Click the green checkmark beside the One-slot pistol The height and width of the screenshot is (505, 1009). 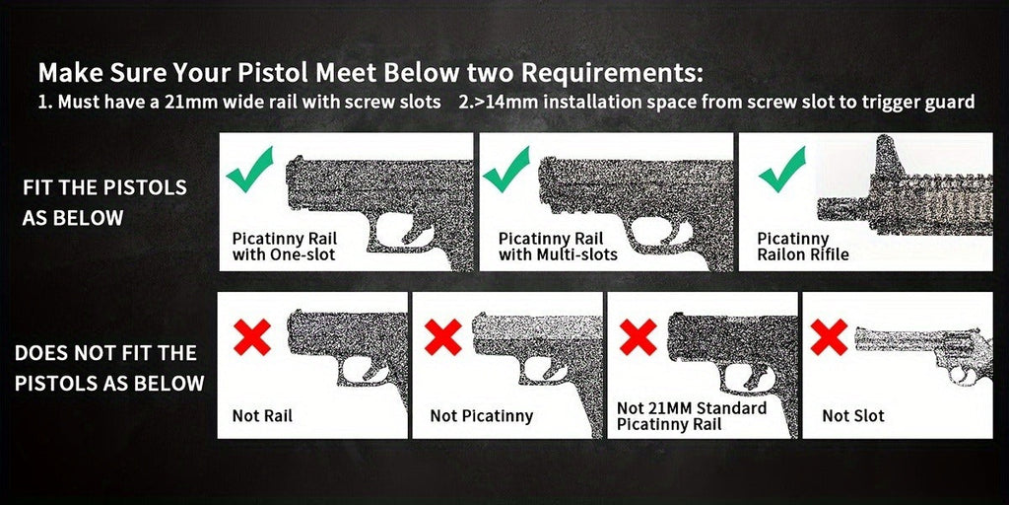click(x=248, y=169)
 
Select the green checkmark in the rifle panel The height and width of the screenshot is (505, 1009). click(x=781, y=169)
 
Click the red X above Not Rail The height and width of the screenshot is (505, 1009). click(x=252, y=337)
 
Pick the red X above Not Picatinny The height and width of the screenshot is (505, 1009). click(x=442, y=337)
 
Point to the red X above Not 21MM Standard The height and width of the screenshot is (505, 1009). click(x=638, y=337)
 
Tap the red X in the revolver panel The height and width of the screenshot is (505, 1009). click(x=829, y=337)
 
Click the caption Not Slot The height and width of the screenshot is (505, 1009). click(x=853, y=416)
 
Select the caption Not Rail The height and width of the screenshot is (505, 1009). click(x=262, y=416)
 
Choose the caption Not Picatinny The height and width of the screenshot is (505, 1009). click(x=481, y=416)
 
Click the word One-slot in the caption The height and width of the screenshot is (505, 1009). click(x=303, y=254)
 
